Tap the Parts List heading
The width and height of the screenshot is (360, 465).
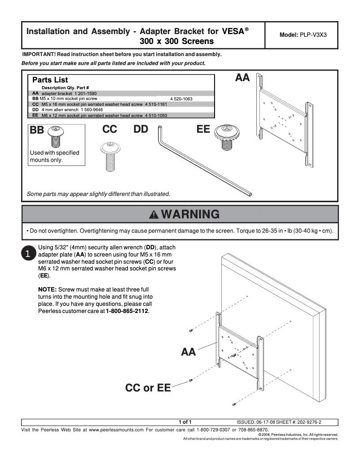click(x=50, y=80)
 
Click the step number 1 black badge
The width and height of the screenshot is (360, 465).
click(x=27, y=254)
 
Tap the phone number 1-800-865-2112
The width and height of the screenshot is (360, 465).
click(x=127, y=311)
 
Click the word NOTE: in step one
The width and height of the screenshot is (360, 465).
click(x=48, y=289)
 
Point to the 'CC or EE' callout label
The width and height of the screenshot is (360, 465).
click(x=148, y=387)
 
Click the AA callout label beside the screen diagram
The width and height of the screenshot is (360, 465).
click(x=189, y=352)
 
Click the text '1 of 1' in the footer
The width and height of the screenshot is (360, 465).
click(x=185, y=422)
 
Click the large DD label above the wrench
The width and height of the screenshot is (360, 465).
click(x=141, y=129)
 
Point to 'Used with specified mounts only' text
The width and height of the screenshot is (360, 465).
click(x=54, y=156)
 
